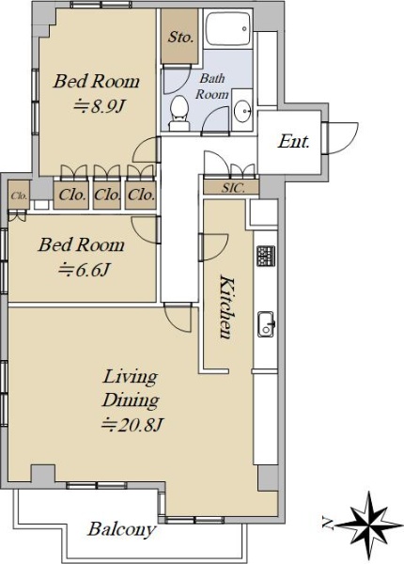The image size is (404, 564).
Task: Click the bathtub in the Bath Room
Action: [228, 29]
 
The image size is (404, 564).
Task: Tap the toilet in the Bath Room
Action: [179, 113]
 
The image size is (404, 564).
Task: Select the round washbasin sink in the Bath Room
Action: [242, 110]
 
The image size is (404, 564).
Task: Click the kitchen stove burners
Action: [266, 256]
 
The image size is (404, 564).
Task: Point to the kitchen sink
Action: [266, 324]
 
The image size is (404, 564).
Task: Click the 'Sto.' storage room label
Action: [180, 37]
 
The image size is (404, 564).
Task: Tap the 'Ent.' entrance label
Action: [294, 141]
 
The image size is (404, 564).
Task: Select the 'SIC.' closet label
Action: [233, 188]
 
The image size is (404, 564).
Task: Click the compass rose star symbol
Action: [370, 525]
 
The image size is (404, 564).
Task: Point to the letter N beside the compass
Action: [328, 524]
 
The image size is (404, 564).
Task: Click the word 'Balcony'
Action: [122, 530]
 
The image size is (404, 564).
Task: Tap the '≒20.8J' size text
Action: [133, 425]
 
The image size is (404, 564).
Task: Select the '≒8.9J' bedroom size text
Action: [101, 106]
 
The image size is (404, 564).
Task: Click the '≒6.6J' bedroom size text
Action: [85, 270]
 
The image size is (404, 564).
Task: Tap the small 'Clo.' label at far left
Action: [19, 196]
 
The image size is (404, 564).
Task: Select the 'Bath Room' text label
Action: [212, 86]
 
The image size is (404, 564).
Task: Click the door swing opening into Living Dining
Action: [178, 318]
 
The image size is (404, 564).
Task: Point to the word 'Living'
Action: [131, 378]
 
